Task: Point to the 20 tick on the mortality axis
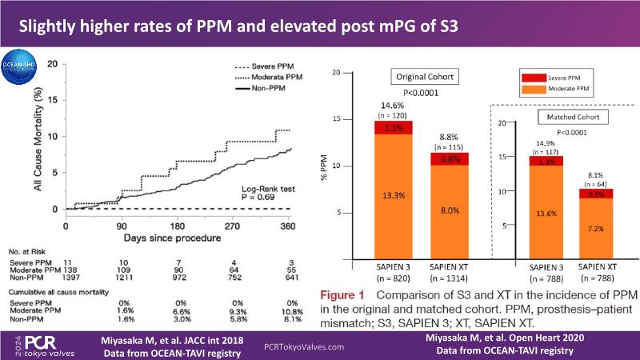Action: coord(53,62)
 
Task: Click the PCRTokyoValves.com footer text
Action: coord(304,347)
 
